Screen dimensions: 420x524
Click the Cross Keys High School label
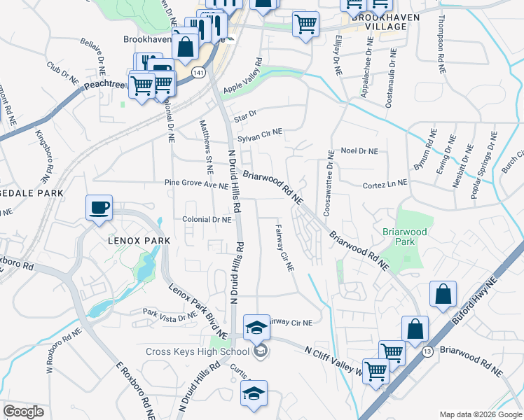(197, 351)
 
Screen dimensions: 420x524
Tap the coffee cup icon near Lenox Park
(98, 207)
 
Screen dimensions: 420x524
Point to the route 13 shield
(427, 351)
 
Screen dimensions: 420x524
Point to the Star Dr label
(246, 117)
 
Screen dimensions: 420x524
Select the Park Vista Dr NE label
(170, 314)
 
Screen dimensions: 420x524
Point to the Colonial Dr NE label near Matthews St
(207, 220)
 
